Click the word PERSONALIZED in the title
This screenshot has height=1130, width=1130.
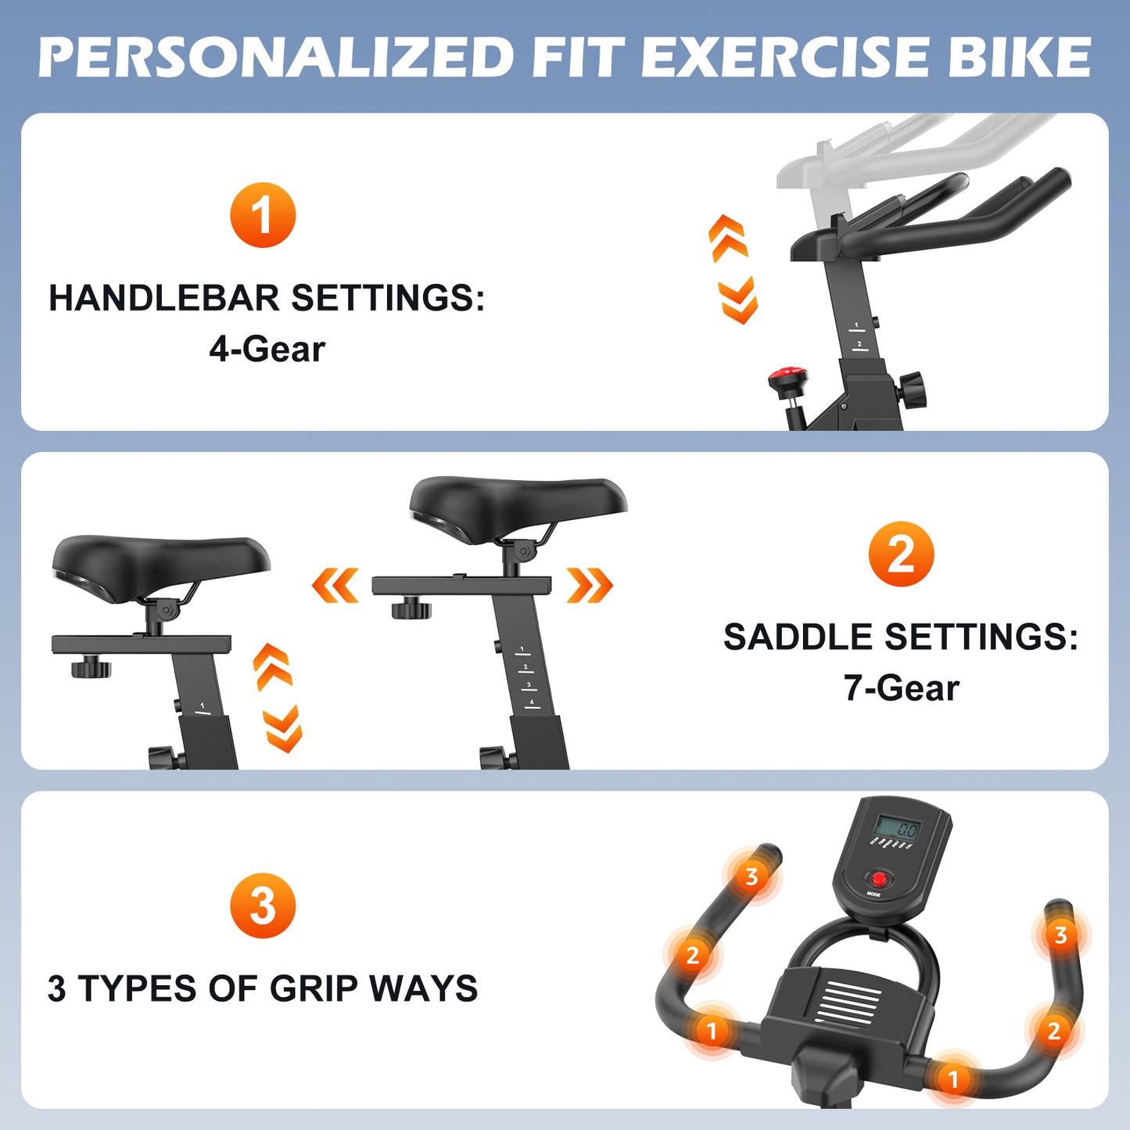tap(275, 57)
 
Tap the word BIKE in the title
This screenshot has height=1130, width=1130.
tap(1019, 57)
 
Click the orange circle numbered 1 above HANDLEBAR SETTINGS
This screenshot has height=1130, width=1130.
tap(263, 214)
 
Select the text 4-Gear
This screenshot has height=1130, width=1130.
tap(267, 350)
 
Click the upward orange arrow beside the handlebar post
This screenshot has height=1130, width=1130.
tap(728, 238)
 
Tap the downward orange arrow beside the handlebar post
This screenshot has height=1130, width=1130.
tap(738, 300)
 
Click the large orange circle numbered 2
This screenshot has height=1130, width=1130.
tap(901, 554)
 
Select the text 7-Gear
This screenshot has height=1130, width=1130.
tap(902, 688)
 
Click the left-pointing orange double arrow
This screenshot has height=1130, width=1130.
tap(335, 585)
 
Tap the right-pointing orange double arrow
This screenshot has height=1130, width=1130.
tap(590, 585)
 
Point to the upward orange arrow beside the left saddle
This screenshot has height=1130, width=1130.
tap(272, 666)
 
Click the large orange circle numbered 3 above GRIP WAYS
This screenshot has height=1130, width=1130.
tap(263, 906)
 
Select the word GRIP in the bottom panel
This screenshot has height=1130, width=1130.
tap(314, 988)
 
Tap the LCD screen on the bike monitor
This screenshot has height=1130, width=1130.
tap(897, 829)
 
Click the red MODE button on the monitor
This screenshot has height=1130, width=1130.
tap(878, 879)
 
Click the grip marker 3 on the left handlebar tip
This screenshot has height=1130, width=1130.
tap(752, 877)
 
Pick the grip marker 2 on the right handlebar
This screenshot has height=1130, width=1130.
tap(1054, 1031)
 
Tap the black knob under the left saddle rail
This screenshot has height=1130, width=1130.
tap(91, 668)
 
